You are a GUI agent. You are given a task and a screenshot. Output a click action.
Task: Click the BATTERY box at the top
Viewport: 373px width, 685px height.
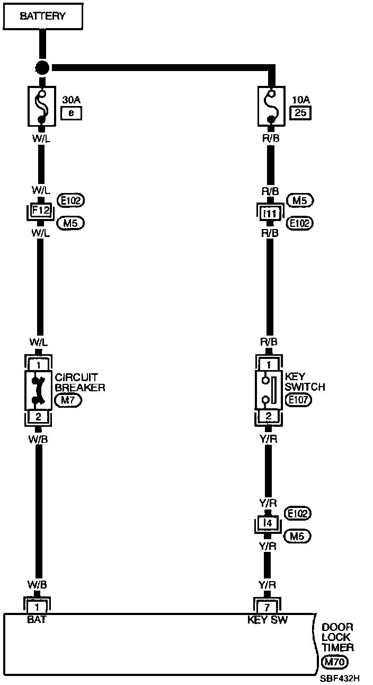pyautogui.click(x=42, y=16)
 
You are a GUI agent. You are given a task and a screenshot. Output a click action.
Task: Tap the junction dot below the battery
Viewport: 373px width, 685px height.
pyautogui.click(x=42, y=68)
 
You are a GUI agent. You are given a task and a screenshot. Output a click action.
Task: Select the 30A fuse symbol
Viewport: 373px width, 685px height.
pyautogui.click(x=41, y=106)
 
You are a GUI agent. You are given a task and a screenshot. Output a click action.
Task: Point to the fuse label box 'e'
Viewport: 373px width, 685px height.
pyautogui.click(x=72, y=112)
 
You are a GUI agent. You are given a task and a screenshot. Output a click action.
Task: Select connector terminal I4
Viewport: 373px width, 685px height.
pyautogui.click(x=269, y=524)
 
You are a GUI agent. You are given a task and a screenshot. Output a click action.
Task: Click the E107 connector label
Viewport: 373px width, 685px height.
pyautogui.click(x=298, y=400)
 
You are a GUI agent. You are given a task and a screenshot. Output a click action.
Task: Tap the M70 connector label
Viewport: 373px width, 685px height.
pyautogui.click(x=334, y=662)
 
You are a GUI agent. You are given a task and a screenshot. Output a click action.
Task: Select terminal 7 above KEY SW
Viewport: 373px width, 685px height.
pyautogui.click(x=268, y=605)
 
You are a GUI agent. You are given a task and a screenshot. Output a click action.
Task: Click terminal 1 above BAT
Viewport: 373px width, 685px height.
pyautogui.click(x=37, y=605)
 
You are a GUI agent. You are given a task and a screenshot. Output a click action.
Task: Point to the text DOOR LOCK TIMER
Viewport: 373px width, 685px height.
pyautogui.click(x=338, y=637)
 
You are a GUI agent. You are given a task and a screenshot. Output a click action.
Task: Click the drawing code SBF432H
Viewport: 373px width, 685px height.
pyautogui.click(x=340, y=678)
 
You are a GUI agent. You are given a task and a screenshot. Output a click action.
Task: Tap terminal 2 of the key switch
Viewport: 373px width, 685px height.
pyautogui.click(x=269, y=416)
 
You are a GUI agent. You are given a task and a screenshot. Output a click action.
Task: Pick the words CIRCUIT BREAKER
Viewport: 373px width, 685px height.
pyautogui.click(x=81, y=382)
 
